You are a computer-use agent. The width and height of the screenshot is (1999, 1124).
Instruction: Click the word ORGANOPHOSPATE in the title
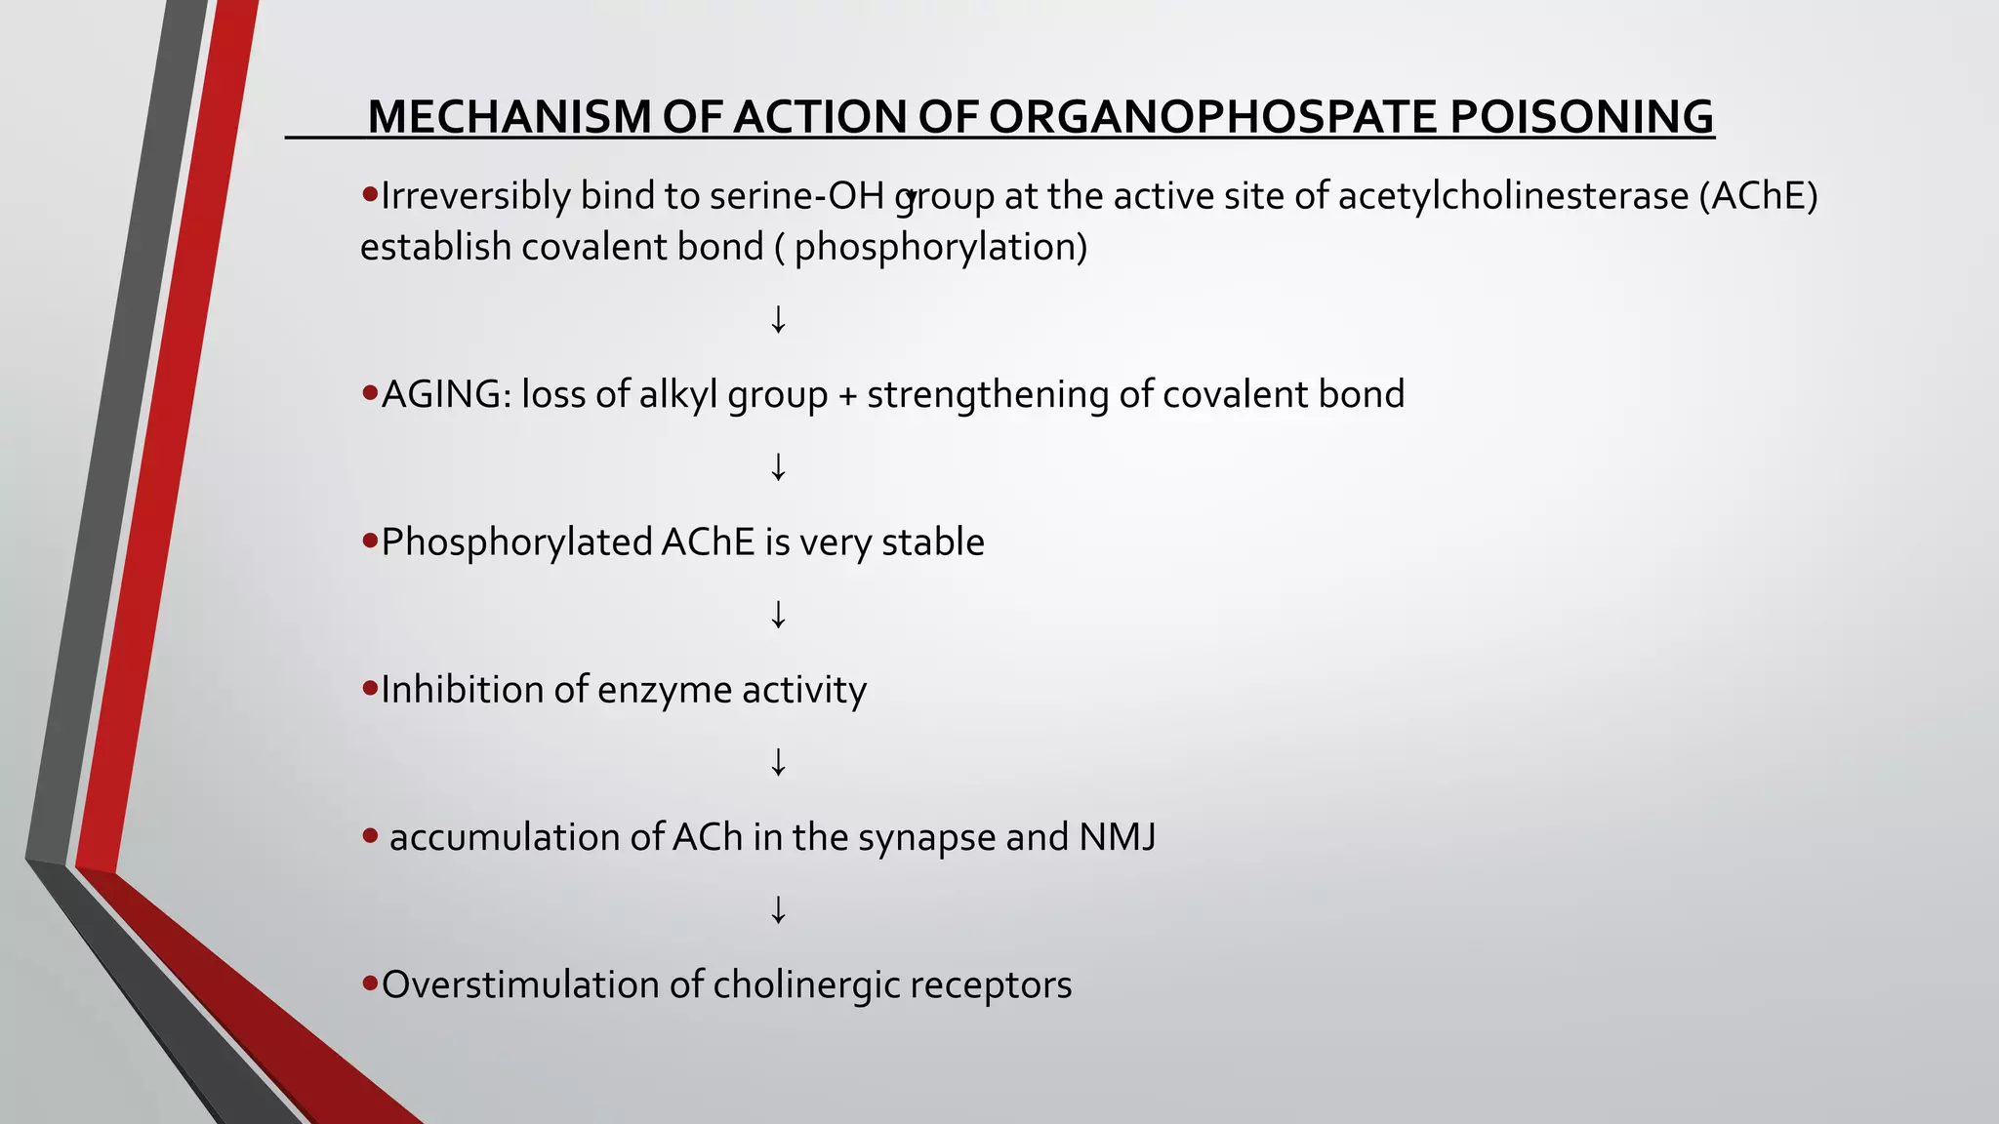1212,117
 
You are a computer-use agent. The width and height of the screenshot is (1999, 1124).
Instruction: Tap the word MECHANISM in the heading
509,117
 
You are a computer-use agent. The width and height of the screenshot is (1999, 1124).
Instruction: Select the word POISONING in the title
1581,117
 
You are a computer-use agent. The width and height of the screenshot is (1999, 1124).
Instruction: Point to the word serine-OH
796,196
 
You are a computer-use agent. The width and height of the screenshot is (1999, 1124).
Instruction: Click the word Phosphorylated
516,542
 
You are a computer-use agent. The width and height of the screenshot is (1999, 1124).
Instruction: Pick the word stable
932,542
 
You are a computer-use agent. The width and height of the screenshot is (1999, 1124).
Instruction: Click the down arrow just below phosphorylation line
778,319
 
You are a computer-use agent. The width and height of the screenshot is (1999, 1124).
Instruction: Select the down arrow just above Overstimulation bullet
778,909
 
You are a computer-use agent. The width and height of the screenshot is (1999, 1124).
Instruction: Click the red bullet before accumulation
370,835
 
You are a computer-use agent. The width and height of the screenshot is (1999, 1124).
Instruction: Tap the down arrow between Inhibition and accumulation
778,762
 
